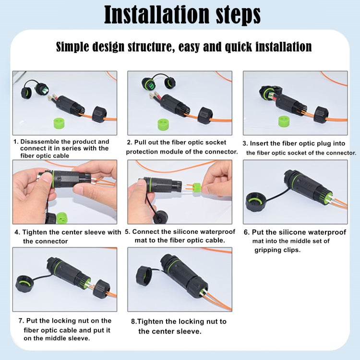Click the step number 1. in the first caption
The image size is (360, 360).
[16, 142]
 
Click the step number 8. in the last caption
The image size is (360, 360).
[134, 322]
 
